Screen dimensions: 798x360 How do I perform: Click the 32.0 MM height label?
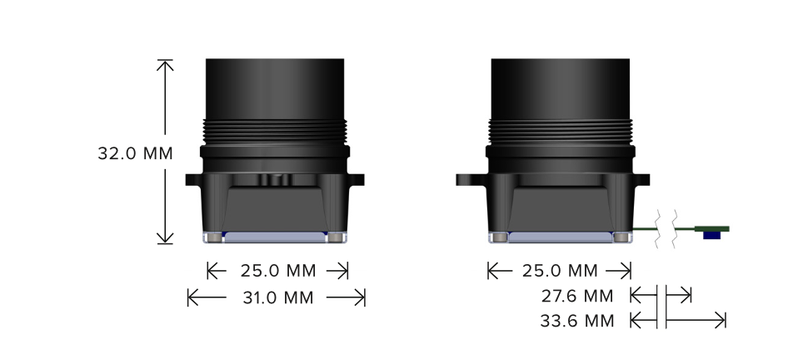point(136,153)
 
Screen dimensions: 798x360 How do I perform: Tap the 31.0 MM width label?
point(278,297)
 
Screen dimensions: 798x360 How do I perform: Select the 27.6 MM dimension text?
point(577,296)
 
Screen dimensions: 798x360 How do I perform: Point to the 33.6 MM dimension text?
point(577,321)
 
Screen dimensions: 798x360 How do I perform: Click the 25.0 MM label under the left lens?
point(278,271)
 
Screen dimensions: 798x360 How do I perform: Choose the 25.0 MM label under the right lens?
point(560,271)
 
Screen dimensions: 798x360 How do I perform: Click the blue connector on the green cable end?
point(712,235)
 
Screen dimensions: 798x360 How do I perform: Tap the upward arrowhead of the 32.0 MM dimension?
point(165,65)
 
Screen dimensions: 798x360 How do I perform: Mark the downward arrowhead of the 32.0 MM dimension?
point(165,238)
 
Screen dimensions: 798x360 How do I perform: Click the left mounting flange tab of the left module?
point(194,179)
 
